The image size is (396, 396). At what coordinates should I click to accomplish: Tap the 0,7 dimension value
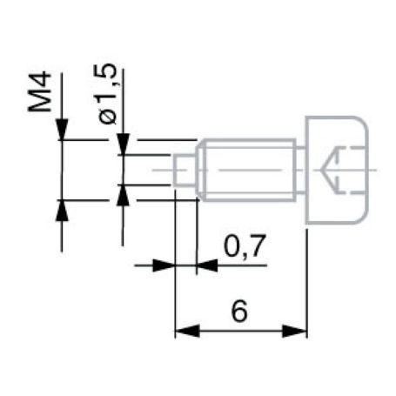tap(235, 250)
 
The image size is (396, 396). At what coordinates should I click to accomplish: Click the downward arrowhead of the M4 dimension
tap(61, 131)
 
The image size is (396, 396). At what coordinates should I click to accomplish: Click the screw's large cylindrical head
tap(335, 170)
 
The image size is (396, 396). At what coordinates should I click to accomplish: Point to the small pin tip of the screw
tap(184, 169)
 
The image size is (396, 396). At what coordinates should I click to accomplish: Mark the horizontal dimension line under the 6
tap(241, 331)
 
